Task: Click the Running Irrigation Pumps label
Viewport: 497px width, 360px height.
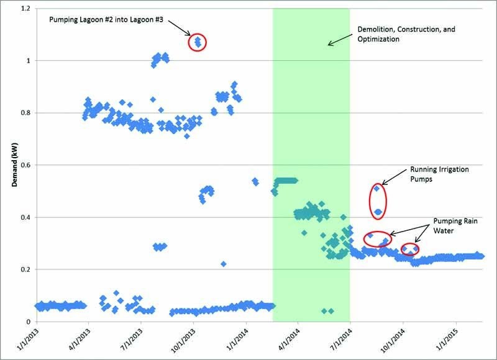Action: click(x=439, y=174)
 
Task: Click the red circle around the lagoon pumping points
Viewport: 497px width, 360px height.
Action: click(x=198, y=42)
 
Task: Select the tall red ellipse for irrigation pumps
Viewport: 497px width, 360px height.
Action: click(x=378, y=200)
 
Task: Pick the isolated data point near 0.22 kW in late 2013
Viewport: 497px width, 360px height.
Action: click(x=223, y=264)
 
